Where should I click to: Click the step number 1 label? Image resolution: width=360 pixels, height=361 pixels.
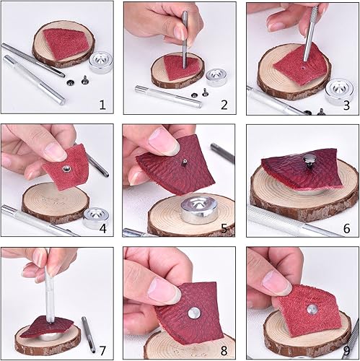(x=102, y=105)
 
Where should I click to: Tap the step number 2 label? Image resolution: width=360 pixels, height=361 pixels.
(x=224, y=105)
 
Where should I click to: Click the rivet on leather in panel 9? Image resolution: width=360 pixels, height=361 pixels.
(x=311, y=308)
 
